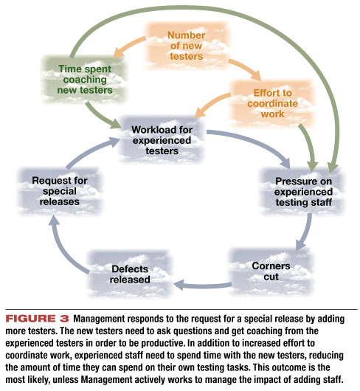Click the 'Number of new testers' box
187,46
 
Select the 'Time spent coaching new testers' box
85,79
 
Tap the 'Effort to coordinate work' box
272,103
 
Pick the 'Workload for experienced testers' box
162,140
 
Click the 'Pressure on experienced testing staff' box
303,192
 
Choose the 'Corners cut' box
271,271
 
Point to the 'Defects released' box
130,274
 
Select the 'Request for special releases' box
59,191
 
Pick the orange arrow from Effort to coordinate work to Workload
212,104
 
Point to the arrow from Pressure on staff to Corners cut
306,233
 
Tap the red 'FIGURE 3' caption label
37,319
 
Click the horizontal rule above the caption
181,309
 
